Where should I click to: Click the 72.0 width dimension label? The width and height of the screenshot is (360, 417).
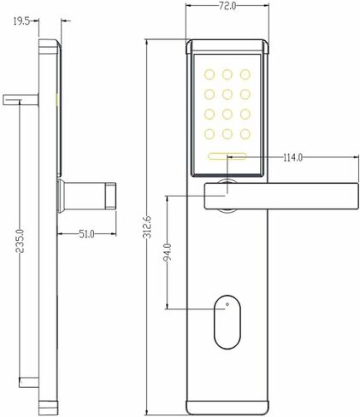click(x=227, y=6)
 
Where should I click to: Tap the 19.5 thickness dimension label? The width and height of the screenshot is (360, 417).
click(x=21, y=21)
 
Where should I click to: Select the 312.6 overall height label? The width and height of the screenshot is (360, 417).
click(x=148, y=227)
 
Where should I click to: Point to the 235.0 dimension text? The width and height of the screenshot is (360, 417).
click(x=20, y=241)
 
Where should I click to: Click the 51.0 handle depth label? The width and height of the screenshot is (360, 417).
click(x=86, y=234)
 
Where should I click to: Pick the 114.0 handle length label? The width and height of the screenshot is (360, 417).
click(x=292, y=157)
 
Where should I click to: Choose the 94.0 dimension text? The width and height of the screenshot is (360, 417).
click(x=167, y=253)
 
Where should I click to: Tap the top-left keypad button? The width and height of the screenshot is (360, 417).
click(x=209, y=74)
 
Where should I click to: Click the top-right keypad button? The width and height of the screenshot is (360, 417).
click(x=245, y=74)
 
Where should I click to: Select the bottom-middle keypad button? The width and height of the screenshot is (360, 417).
click(x=227, y=134)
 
